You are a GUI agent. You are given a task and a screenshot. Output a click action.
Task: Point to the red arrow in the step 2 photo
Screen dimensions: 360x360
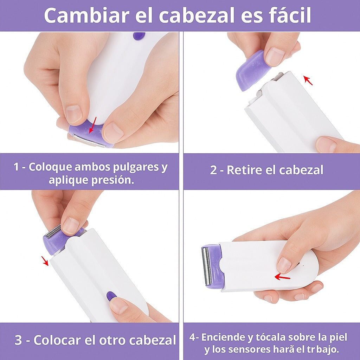[x=308, y=80]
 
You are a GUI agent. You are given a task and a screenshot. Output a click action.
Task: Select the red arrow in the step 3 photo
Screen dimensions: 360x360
[x=45, y=261]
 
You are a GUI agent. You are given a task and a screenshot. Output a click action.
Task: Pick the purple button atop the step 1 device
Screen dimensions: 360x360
[x=139, y=36]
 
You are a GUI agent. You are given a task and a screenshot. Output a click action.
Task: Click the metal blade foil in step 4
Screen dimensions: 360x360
[x=207, y=266]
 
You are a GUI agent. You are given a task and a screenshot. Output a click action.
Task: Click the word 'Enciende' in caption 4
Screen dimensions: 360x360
[x=224, y=337]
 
